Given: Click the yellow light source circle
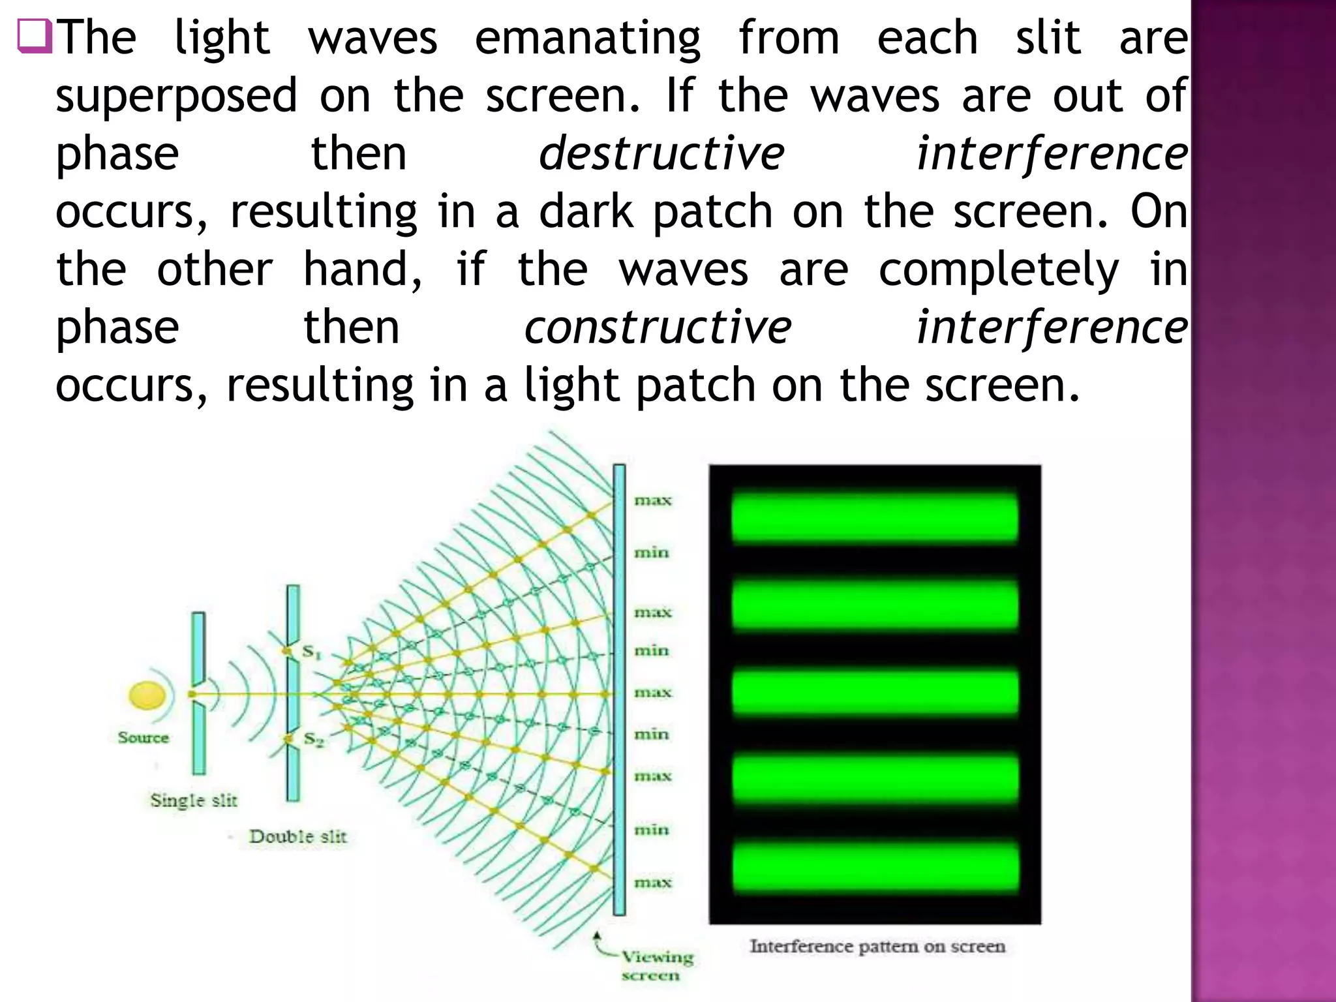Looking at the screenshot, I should [x=147, y=695].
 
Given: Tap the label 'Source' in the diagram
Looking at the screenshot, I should [x=144, y=738].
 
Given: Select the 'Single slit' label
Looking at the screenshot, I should [x=194, y=800].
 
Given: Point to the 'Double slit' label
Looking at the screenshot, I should [x=297, y=836].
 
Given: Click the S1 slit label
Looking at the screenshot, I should [x=312, y=652].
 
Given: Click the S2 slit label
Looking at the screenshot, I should [x=314, y=740].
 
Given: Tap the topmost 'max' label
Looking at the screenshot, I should [x=652, y=500].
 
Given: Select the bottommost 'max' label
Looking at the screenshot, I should [x=652, y=883].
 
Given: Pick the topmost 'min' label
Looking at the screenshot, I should [x=652, y=553].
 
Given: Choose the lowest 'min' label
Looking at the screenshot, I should [x=652, y=830].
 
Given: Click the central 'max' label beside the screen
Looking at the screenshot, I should [x=652, y=692].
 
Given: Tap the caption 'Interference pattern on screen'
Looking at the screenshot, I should [x=877, y=947].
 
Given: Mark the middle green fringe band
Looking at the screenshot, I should [x=874, y=693].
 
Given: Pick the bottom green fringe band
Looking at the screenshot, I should [x=874, y=867].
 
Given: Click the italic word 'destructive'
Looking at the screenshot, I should [x=661, y=154].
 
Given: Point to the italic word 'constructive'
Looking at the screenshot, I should [x=658, y=327].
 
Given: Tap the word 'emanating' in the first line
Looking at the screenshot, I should [x=587, y=38].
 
